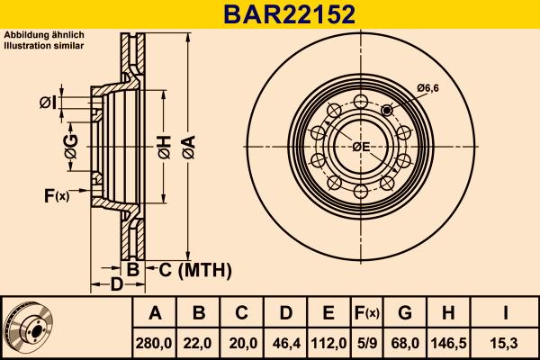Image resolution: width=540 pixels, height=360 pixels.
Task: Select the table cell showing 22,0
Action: point(199,342)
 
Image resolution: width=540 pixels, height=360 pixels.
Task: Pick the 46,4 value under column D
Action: point(284,342)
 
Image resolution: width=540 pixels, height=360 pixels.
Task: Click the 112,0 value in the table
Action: point(328,342)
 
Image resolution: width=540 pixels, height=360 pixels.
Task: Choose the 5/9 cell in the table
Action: point(365,342)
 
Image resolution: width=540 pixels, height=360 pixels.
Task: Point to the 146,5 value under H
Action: point(449,342)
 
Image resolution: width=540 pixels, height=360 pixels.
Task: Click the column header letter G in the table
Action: point(404,313)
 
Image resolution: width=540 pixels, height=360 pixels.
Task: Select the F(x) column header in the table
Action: point(365,313)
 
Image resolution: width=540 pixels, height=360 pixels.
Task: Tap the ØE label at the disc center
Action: point(361,147)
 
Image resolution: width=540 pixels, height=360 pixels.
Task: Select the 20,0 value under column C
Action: point(241,342)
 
